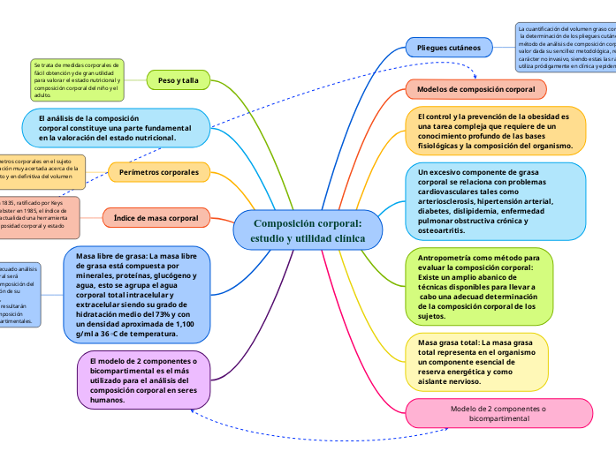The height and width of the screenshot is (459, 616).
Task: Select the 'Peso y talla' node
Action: point(178,80)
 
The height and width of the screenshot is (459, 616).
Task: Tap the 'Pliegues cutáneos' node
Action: point(449,47)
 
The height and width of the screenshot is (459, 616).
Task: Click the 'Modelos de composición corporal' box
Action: point(476,90)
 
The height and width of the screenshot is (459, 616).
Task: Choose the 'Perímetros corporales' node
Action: point(159,173)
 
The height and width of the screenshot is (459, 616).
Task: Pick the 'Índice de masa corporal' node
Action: point(156,217)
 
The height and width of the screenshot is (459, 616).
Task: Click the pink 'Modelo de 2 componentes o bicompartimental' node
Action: point(498,414)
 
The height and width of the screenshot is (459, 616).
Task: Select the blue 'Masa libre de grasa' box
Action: point(137,294)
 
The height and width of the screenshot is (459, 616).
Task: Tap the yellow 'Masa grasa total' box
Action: point(475,362)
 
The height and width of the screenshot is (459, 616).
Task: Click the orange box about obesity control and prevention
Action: point(494,131)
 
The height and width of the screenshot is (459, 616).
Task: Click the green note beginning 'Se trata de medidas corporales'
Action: point(77,80)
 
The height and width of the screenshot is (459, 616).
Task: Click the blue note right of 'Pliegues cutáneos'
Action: point(566,47)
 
